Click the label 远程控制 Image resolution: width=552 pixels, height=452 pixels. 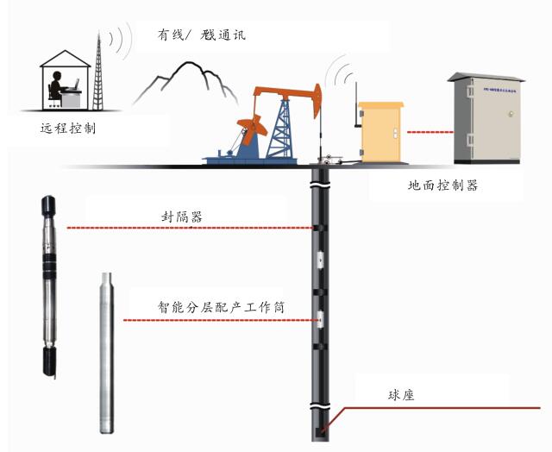[x=68, y=129]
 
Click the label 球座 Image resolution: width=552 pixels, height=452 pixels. [x=403, y=396]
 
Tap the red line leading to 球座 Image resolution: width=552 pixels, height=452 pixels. [x=431, y=408]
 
